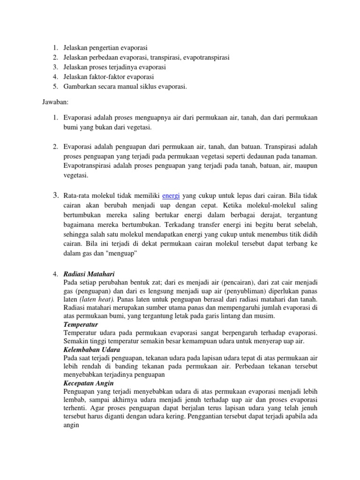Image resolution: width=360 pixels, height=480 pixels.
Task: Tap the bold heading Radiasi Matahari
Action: pyautogui.click(x=89, y=274)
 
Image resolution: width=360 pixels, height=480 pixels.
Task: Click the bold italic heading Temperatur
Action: pyautogui.click(x=81, y=324)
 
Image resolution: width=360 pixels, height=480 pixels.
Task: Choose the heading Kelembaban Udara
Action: pyautogui.click(x=91, y=350)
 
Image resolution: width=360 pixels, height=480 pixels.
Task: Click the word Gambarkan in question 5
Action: pyautogui.click(x=80, y=86)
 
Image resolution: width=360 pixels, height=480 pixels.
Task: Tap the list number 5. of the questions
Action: pyautogui.click(x=55, y=86)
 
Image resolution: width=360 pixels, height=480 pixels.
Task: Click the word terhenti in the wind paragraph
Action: pyautogui.click(x=75, y=408)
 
